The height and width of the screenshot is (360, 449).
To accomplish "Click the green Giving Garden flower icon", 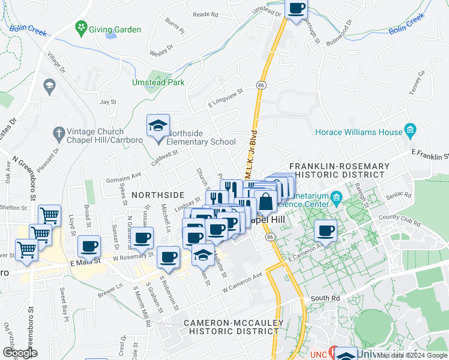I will click(x=80, y=28).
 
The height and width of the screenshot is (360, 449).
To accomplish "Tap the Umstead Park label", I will click(x=158, y=82).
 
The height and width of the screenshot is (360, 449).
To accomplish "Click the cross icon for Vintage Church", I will click(x=58, y=132).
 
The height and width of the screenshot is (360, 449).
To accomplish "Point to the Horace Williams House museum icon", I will click(x=411, y=130).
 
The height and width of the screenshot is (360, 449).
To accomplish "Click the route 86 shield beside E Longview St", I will click(x=261, y=86).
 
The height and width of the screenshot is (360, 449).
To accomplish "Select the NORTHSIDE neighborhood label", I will click(x=157, y=195).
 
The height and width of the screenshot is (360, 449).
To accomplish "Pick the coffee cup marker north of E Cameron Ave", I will click(x=326, y=231).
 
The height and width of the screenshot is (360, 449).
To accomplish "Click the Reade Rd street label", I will click(x=205, y=14).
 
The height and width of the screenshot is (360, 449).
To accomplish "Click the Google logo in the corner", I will click(x=20, y=353).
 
